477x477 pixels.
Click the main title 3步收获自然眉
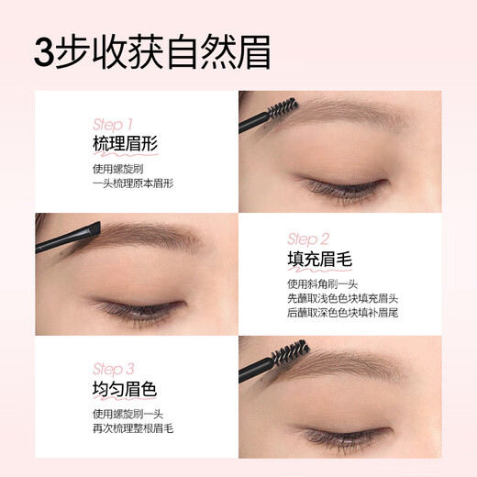(x=152, y=52)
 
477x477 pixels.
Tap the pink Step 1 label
(x=113, y=123)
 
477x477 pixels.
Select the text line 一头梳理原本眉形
(x=134, y=183)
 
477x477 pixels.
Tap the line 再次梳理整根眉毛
(x=134, y=430)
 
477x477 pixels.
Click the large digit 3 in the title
(x=45, y=53)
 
